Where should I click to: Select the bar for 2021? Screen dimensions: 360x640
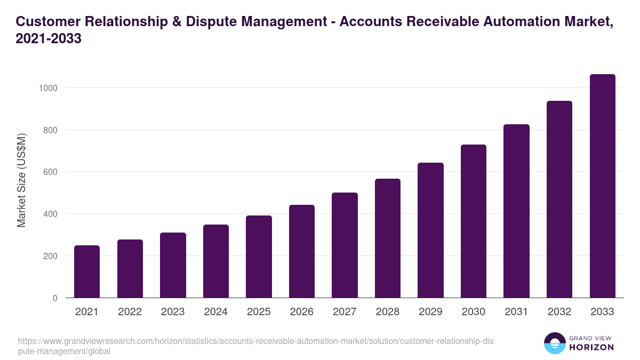[87, 271]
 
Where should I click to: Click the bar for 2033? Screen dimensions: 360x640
[602, 186]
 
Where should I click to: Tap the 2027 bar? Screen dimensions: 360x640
[345, 245]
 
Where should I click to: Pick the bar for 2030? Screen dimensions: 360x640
[474, 221]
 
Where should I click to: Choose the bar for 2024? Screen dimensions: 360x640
[216, 261]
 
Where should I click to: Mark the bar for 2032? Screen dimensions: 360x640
[559, 199]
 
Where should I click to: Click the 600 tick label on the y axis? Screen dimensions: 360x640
[50, 172]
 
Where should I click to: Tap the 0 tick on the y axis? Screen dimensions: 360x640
[55, 298]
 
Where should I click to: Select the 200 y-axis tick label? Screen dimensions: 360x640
[50, 256]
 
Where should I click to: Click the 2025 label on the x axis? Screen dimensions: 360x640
[259, 312]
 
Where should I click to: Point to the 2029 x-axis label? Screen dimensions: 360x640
[430, 312]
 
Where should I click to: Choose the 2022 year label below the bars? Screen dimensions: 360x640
[130, 312]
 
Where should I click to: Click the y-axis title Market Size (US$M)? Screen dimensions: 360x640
[21, 180]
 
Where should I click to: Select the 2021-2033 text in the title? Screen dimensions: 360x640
[49, 39]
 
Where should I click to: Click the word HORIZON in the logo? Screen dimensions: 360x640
[591, 347]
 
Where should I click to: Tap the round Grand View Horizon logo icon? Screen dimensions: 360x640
[555, 343]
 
